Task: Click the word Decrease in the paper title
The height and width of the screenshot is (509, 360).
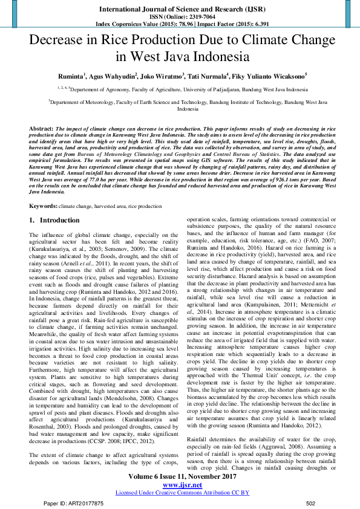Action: pyautogui.click(x=58, y=42)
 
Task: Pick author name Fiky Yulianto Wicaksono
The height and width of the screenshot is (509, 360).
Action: pyautogui.click(x=269, y=77)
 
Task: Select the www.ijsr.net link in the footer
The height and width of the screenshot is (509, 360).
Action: pyautogui.click(x=182, y=484)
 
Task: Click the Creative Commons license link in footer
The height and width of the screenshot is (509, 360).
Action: pyautogui.click(x=182, y=492)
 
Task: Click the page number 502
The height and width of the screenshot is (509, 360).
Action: pyautogui.click(x=311, y=503)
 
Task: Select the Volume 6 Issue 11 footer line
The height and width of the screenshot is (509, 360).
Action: pyautogui.click(x=182, y=476)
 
